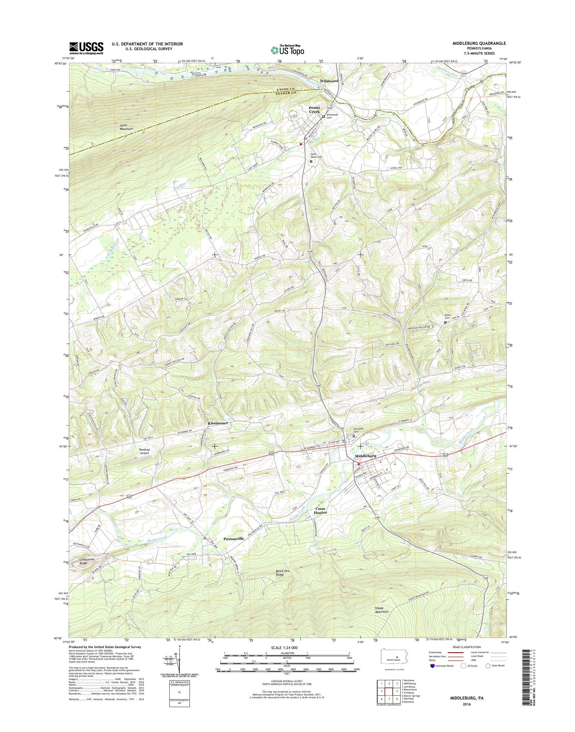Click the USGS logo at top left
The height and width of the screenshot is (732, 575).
tap(86, 48)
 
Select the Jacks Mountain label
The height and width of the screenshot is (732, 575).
tap(126, 127)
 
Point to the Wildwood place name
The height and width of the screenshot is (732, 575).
tap(329, 81)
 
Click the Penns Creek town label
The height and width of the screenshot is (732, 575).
tap(314, 109)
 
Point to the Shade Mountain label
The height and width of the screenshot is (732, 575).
tap(381, 619)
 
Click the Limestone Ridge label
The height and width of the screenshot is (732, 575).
tap(88, 561)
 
